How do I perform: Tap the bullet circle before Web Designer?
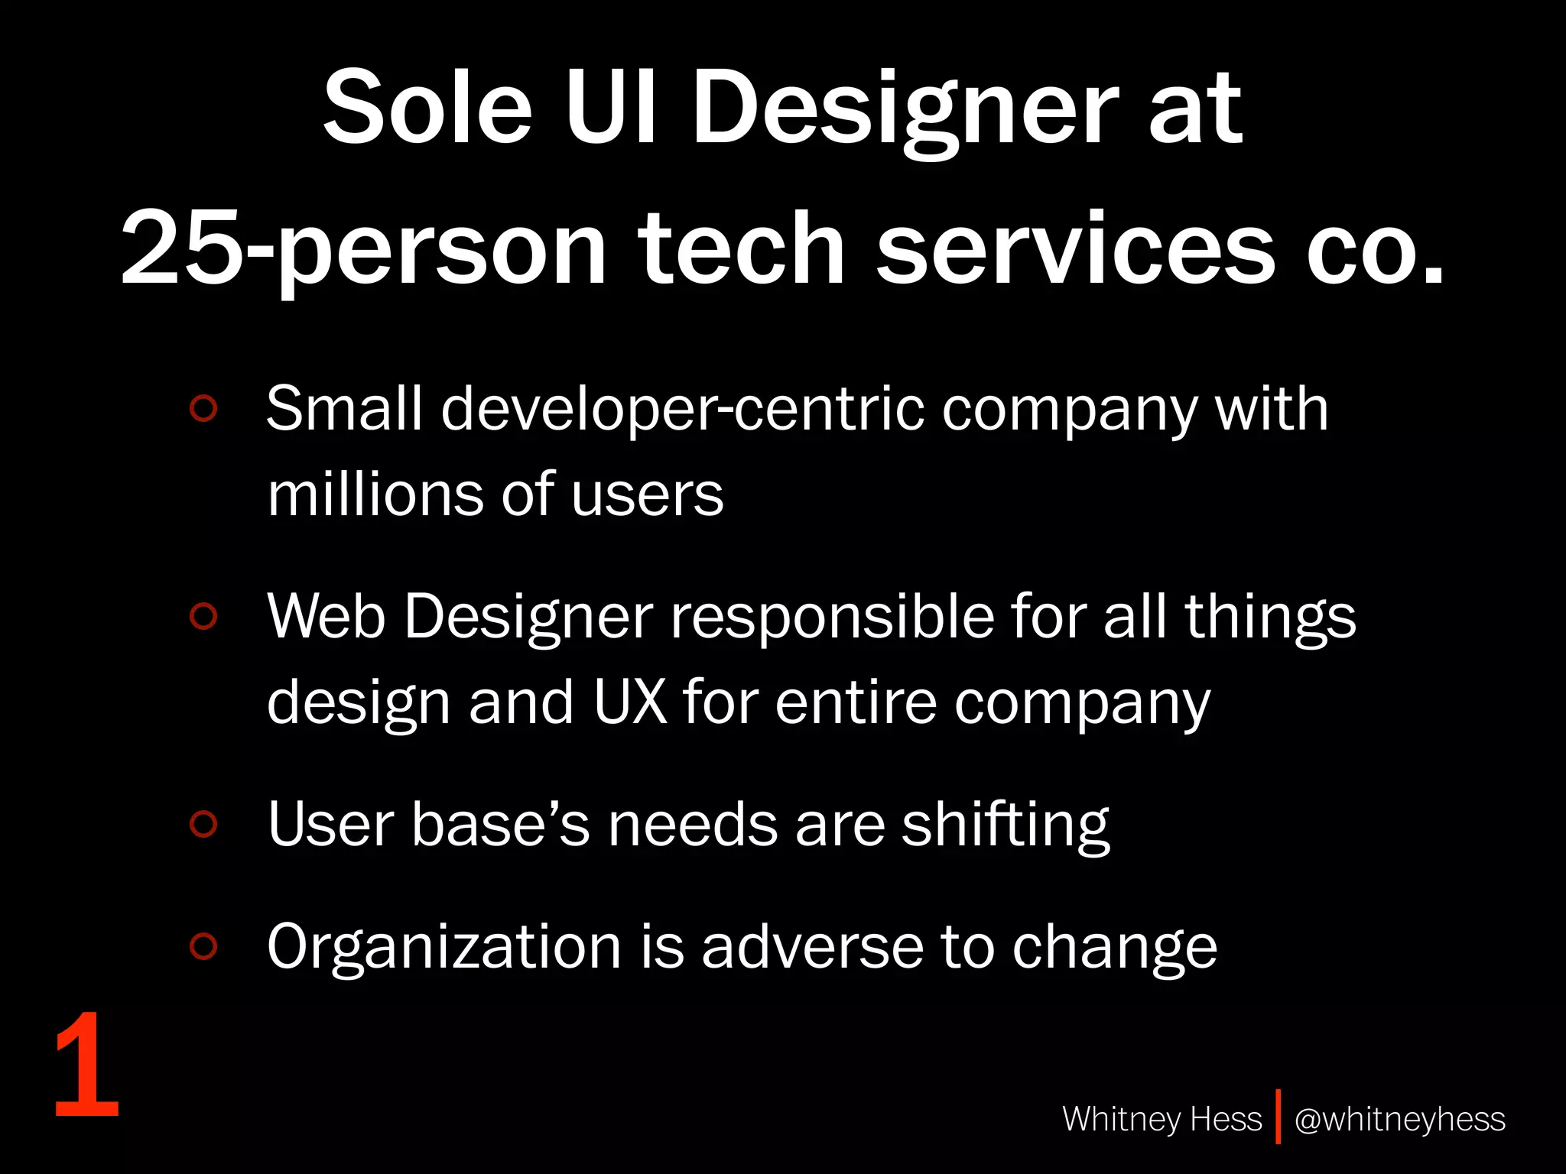[203, 616]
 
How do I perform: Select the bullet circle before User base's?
[203, 824]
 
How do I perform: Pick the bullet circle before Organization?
[203, 946]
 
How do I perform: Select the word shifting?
[1005, 825]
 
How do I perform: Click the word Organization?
[444, 948]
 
